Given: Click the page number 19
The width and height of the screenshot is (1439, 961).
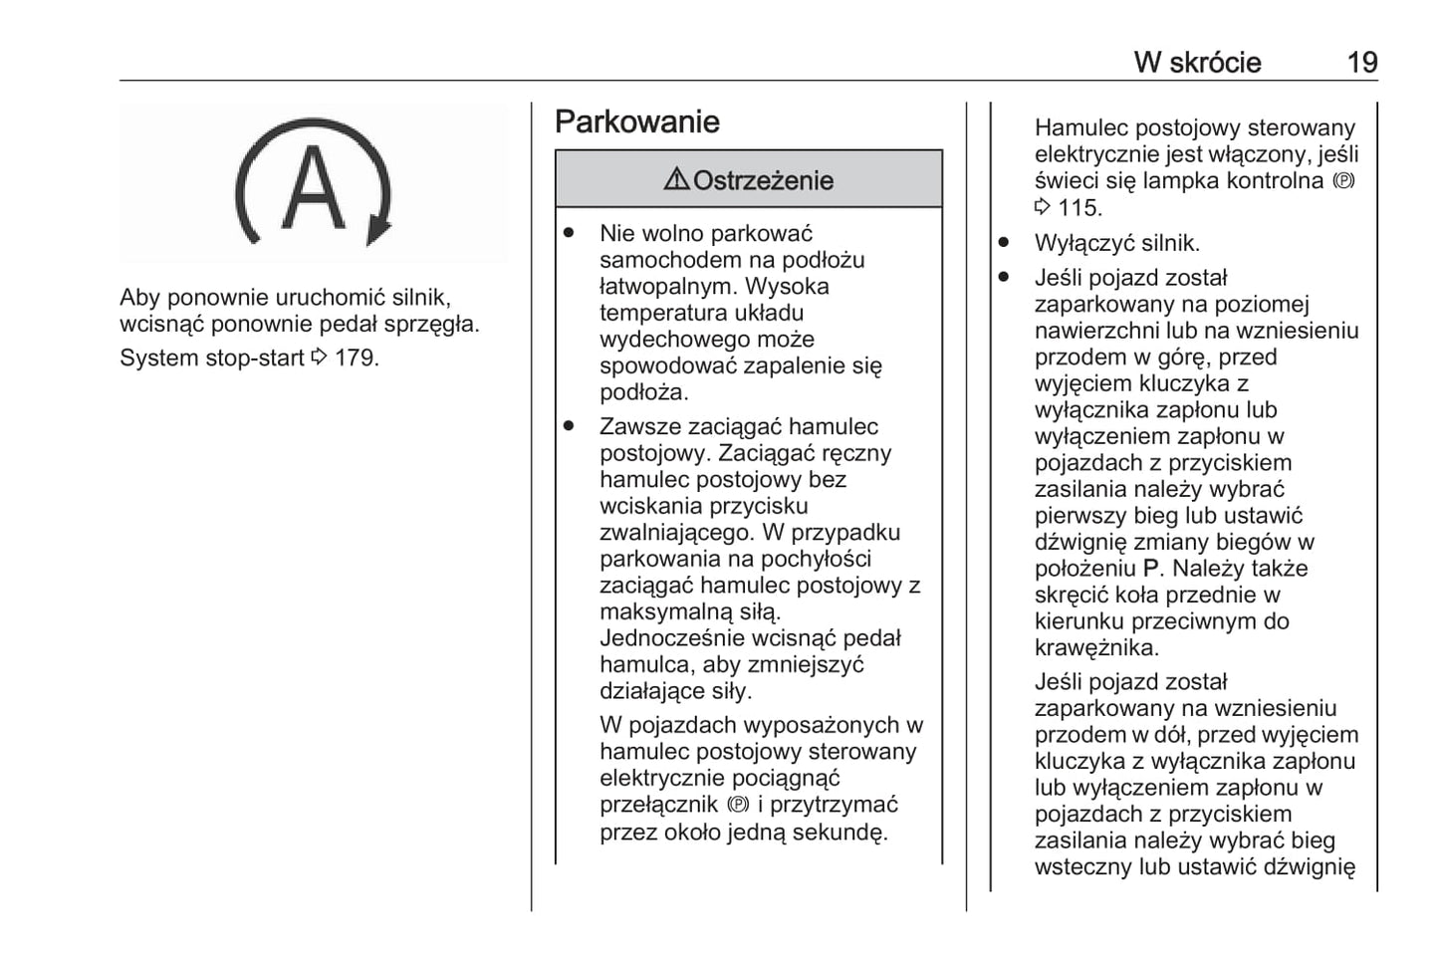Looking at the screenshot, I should coord(1361,63).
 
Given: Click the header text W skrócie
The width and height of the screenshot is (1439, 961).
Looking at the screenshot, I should coord(1197,63).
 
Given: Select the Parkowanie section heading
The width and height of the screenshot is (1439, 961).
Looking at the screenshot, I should coord(636,121).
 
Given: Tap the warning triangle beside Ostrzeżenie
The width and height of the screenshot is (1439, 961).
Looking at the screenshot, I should coord(676,179).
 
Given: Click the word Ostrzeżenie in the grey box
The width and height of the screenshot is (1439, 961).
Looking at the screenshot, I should coord(763,180).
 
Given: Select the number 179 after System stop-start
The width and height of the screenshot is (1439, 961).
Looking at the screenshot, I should coord(356,358).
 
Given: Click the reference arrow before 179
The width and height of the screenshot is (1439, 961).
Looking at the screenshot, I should coord(319,358).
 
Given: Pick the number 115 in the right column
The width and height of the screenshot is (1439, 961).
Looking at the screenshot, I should coord(1079,208).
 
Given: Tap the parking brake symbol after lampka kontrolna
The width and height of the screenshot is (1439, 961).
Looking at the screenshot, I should coord(1343,181).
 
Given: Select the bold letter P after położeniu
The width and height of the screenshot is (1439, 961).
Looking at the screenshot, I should coord(1151,569).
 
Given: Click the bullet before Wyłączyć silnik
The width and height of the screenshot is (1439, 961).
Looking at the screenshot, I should coord(1004,243).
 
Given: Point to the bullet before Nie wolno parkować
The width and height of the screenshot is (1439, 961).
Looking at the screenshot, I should coord(569,233).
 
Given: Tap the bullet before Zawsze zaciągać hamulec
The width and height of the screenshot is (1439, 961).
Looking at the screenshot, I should coord(569,426).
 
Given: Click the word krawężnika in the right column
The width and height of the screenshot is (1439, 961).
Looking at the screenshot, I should coord(1095,648).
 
